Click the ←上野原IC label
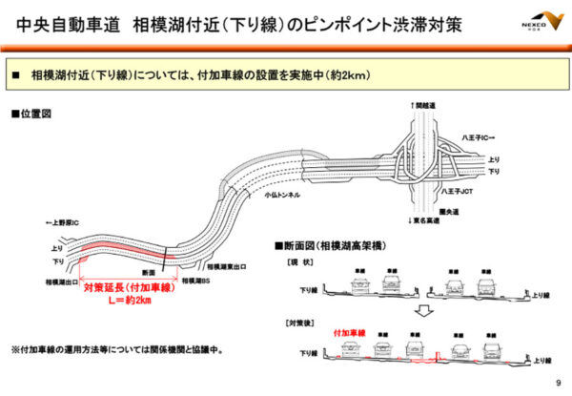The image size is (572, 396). (65, 223)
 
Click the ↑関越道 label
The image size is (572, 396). (422, 108)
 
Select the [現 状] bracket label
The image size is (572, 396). (290, 260)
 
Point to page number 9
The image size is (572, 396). (557, 384)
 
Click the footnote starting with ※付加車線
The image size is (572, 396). (117, 348)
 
